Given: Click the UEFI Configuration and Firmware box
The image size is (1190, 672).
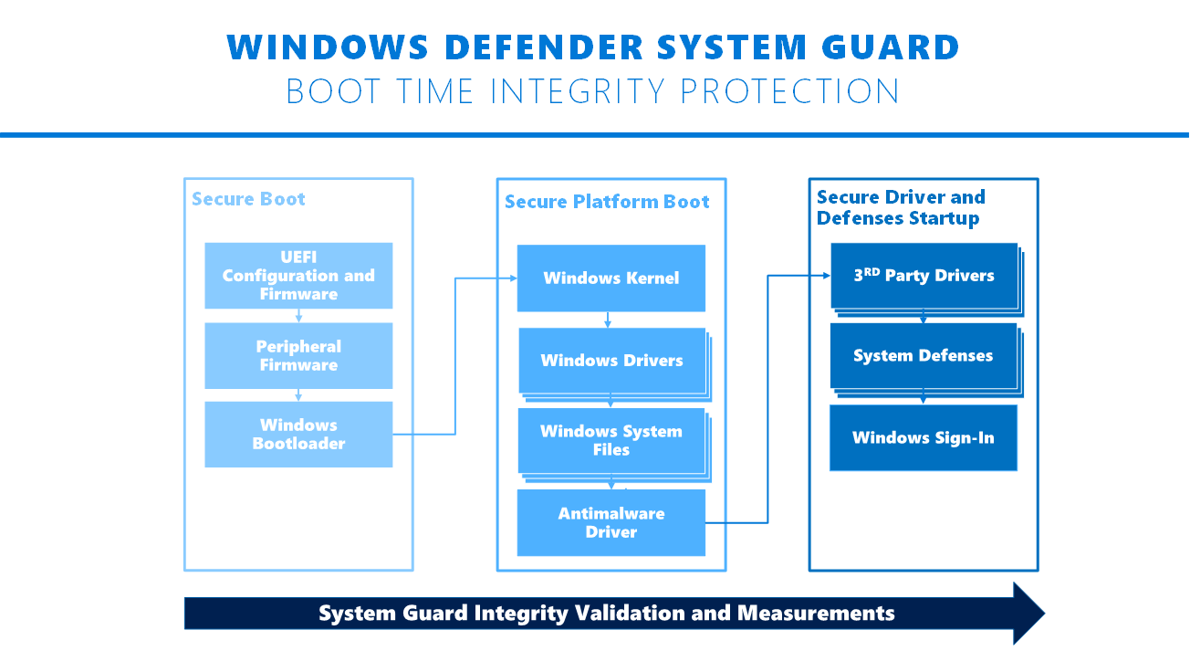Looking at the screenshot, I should (298, 276).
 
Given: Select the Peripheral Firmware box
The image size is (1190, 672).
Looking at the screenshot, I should (298, 356).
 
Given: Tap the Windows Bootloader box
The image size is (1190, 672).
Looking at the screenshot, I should (298, 435).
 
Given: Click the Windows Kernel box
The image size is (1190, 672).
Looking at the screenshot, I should (611, 278).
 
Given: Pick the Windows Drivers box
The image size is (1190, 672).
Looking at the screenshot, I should (611, 361).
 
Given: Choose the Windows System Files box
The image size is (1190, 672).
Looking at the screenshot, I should (611, 440).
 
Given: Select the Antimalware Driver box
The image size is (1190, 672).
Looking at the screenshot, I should (611, 523).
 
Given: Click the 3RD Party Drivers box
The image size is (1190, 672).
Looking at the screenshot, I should (924, 276).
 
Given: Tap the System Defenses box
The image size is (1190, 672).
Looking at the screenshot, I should (923, 356).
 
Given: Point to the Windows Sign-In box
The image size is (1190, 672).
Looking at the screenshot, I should (923, 438).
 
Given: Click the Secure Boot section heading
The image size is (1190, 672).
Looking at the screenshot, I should (248, 199).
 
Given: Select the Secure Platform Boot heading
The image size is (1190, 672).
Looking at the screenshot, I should (607, 202).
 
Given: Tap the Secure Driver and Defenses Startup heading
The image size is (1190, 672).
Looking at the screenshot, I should (901, 207).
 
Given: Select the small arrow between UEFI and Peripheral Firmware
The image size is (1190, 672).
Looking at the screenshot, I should (298, 316).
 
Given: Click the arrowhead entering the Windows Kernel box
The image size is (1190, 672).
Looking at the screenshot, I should (512, 278).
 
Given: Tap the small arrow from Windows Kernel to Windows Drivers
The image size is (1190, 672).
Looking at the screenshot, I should (608, 320).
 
